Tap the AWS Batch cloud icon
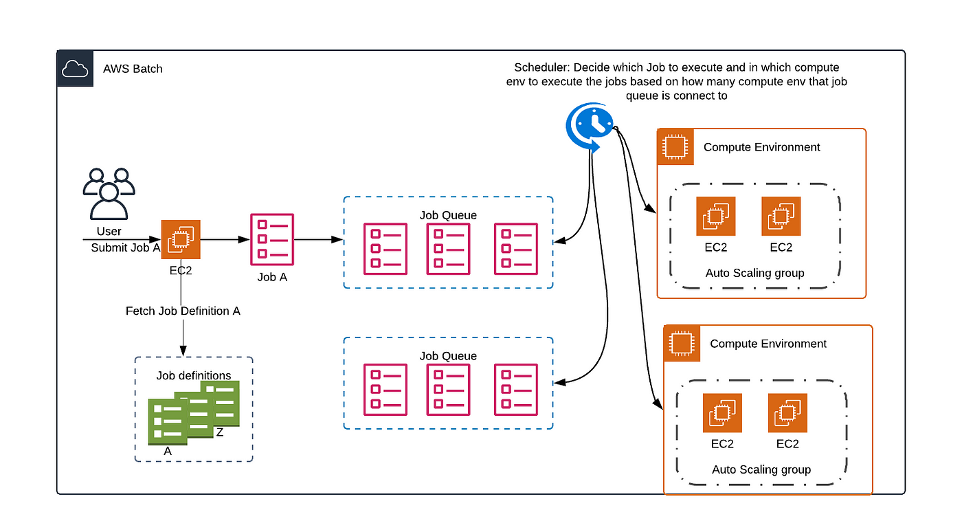(75, 68)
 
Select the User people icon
(109, 193)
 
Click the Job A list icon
(272, 239)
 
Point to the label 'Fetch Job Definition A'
(183, 311)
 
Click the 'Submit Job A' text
(125, 247)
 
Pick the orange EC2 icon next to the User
(181, 239)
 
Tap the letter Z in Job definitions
(220, 432)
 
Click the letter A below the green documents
(168, 451)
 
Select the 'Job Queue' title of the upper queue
(448, 215)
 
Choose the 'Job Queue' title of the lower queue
(448, 356)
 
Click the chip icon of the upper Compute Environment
(675, 147)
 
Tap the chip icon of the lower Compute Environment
(682, 344)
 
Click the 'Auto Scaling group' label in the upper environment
(754, 273)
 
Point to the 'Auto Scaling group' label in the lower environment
(761, 469)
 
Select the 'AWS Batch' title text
(133, 69)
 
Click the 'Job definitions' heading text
(194, 375)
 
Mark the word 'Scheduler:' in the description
(542, 67)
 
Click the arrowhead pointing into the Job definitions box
(183, 351)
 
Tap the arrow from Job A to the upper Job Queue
(319, 239)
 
